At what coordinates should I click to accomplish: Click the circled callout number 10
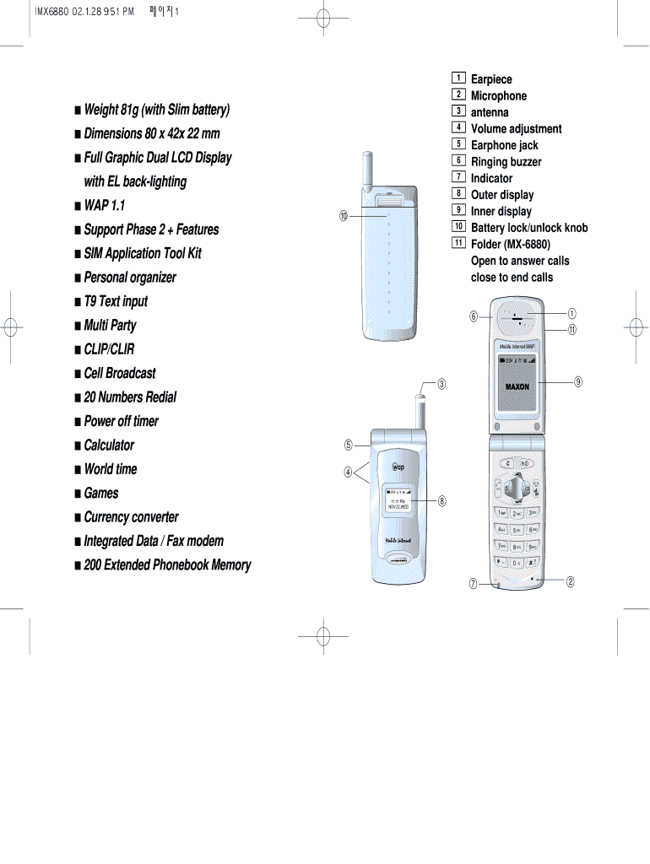point(344,217)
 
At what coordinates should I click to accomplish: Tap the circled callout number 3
point(441,385)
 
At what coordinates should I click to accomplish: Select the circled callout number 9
point(578,381)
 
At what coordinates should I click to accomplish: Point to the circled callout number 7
point(474,583)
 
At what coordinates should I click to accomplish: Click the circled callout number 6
point(474,316)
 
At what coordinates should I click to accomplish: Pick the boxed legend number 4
point(458,128)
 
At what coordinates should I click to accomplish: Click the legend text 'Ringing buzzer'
point(506,162)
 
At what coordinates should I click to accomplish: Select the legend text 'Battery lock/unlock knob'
point(528,228)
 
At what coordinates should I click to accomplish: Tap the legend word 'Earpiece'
point(491,79)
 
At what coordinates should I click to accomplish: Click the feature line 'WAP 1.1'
point(105,205)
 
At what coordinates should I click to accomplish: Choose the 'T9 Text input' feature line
point(116,301)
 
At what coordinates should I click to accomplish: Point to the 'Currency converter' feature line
point(131,517)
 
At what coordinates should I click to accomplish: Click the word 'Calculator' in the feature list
point(109,445)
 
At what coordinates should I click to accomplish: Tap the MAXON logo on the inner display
point(517,386)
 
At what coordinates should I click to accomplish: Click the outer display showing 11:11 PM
point(398,501)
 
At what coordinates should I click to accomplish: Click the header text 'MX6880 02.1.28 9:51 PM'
point(85,11)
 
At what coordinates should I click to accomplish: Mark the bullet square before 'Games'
point(78,494)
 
